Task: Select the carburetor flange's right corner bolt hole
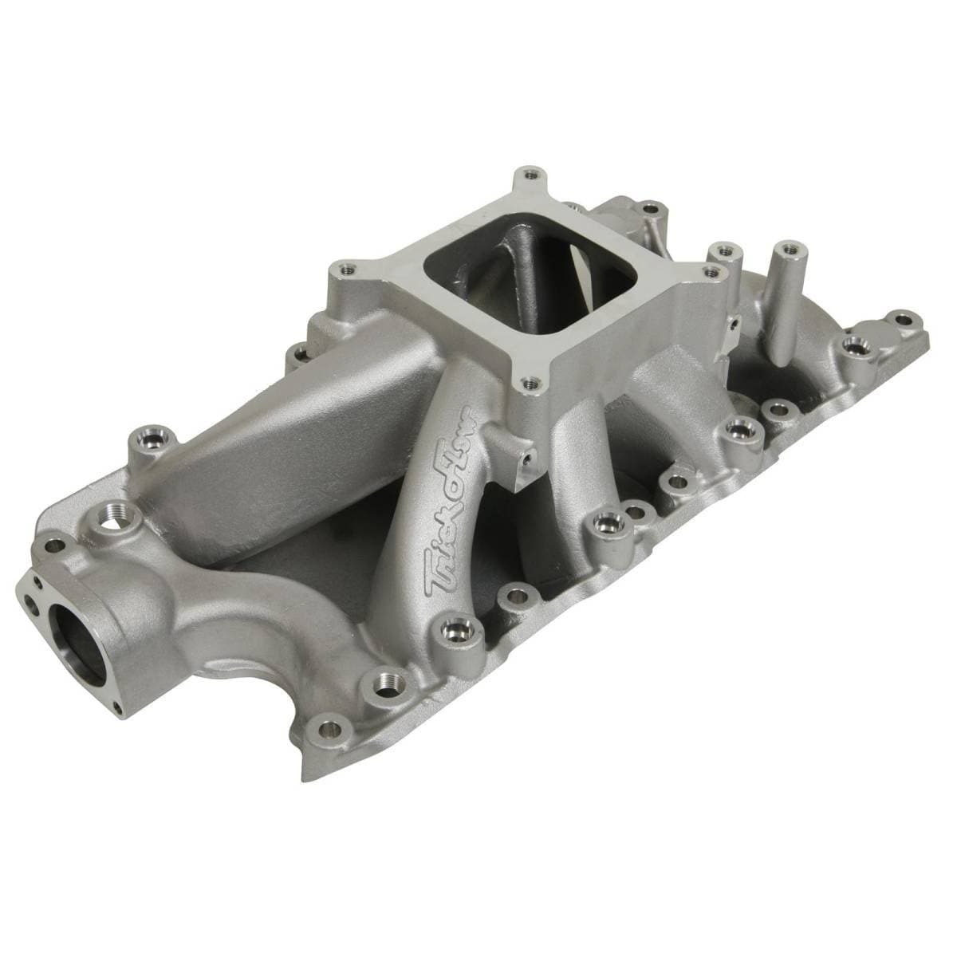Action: pyautogui.click(x=709, y=272)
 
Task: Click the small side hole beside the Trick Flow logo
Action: pyautogui.click(x=526, y=459)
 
